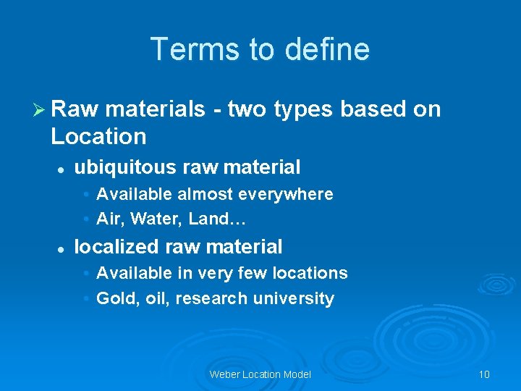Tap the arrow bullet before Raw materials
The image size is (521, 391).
tap(41, 109)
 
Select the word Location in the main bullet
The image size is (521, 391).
tap(98, 136)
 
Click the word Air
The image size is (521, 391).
tap(108, 219)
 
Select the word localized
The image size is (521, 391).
tap(117, 247)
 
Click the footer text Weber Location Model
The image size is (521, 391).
tap(260, 374)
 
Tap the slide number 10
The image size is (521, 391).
tap(484, 374)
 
